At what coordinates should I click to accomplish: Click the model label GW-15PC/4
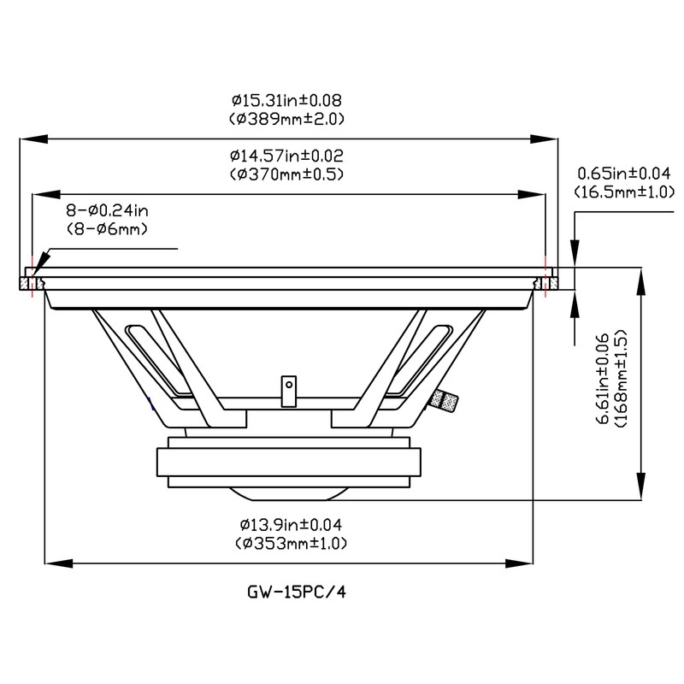click(297, 592)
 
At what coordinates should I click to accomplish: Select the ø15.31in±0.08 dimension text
click(286, 100)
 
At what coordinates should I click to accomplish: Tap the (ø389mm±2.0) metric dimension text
click(286, 119)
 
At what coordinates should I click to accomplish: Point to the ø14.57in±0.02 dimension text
click(286, 156)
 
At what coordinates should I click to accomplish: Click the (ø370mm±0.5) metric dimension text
click(286, 174)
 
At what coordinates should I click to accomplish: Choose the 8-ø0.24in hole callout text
click(108, 210)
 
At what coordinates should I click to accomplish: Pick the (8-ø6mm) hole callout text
click(108, 229)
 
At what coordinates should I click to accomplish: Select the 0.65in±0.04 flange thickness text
click(624, 174)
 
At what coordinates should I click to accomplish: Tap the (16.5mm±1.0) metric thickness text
click(624, 192)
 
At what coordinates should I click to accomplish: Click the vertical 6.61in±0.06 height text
click(604, 379)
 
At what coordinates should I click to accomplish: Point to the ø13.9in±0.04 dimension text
click(291, 524)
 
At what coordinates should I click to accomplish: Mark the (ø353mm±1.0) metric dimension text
click(291, 543)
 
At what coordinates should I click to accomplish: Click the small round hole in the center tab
click(288, 385)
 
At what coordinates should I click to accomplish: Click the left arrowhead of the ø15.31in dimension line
click(33, 139)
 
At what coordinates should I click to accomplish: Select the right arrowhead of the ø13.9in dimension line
click(519, 563)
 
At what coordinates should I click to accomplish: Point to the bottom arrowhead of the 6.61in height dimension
click(640, 486)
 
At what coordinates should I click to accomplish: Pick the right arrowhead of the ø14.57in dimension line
click(531, 195)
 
